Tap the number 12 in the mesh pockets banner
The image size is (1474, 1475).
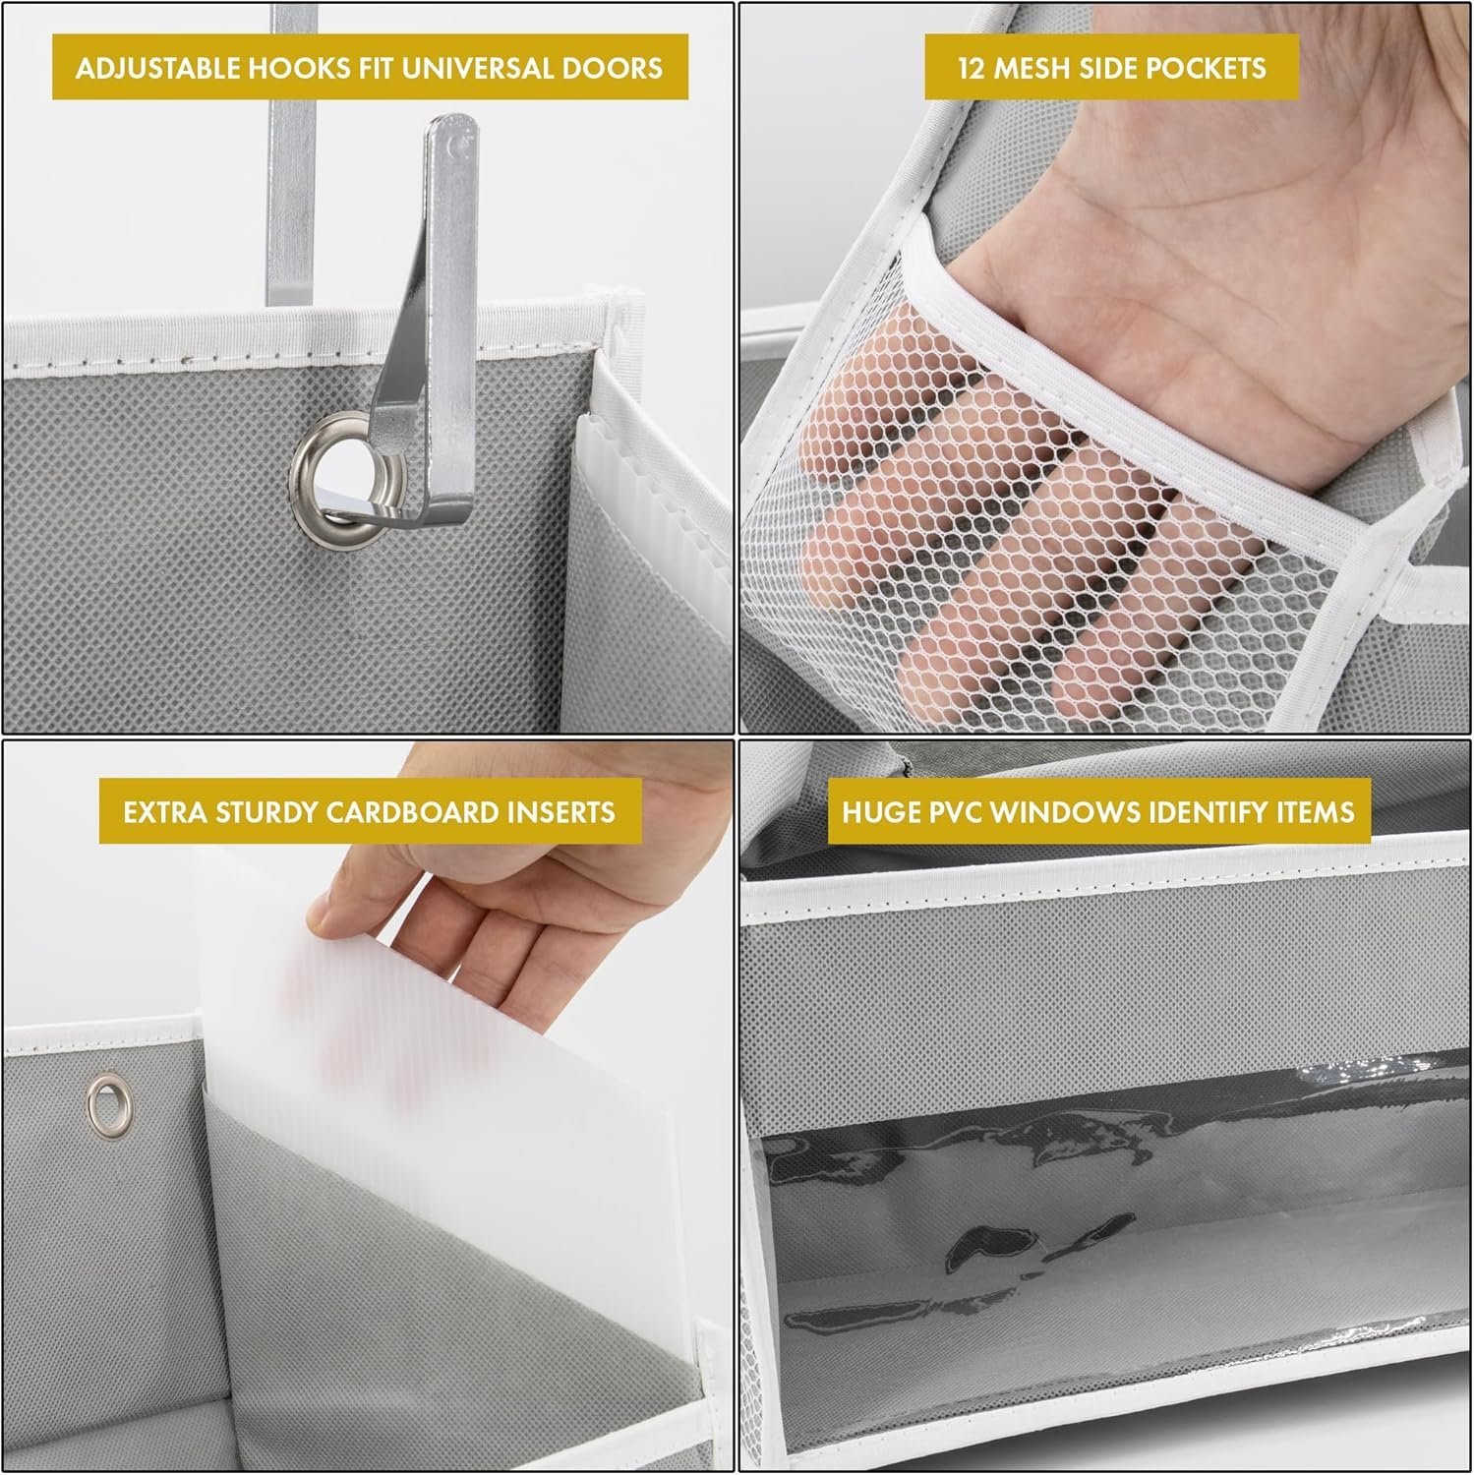point(973,68)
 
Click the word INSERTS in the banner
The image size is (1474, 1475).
point(567,812)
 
